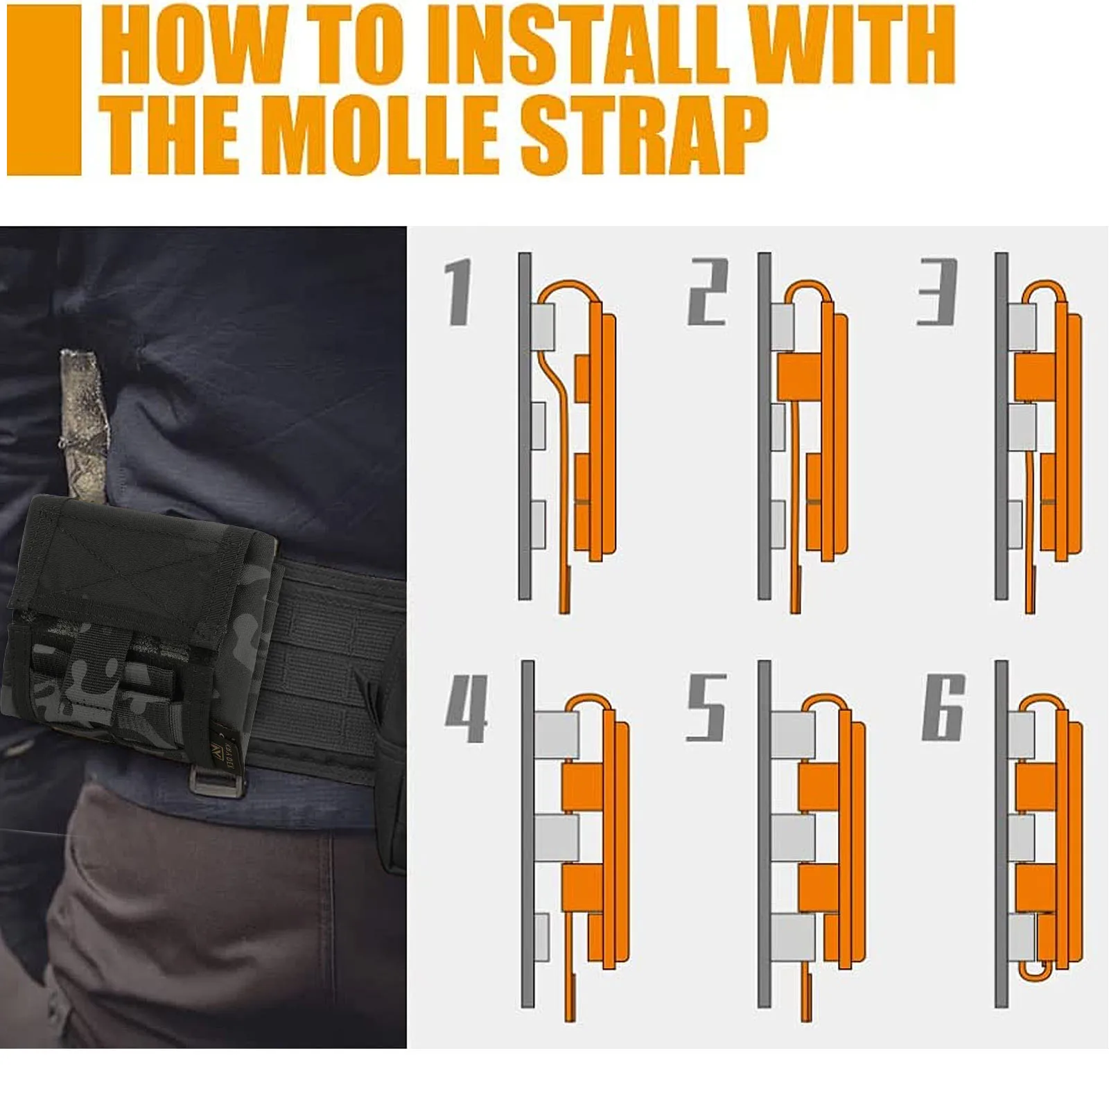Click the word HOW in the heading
193,44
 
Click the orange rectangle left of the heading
44,90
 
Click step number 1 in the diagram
459,291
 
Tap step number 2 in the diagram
708,291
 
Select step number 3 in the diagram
938,291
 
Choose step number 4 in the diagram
467,707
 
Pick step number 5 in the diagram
706,707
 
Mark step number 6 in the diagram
943,707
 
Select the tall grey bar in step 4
527,834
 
